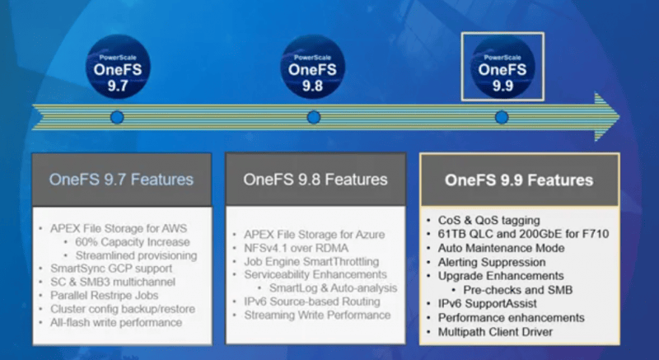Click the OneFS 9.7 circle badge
point(118,68)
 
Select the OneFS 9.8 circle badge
point(313,68)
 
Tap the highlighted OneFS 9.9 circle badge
point(502,68)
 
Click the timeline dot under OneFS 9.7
point(117,118)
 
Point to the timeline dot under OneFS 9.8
point(313,118)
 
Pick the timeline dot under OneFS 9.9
point(502,118)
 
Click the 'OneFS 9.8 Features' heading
point(315,179)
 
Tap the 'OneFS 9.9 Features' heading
point(519,179)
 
